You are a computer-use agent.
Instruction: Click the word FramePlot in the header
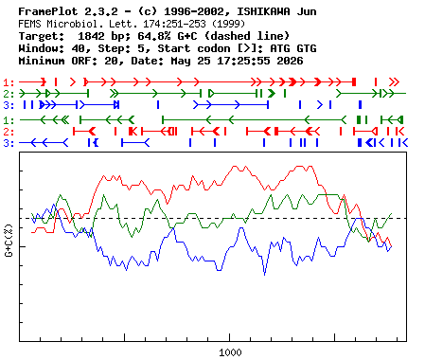click(x=48, y=11)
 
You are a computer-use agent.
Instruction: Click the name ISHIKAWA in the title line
click(x=263, y=11)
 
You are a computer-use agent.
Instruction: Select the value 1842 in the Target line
click(x=91, y=36)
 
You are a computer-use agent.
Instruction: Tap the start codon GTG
click(x=307, y=48)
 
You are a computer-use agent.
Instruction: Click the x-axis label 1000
click(x=230, y=352)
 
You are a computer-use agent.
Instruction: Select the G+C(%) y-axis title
click(x=9, y=241)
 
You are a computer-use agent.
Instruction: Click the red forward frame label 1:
click(x=9, y=82)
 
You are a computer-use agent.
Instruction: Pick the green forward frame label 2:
click(x=9, y=94)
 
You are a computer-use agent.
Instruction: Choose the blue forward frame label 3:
click(x=9, y=105)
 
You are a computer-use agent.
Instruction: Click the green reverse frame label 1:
click(x=9, y=120)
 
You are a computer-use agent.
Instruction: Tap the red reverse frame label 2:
click(x=9, y=132)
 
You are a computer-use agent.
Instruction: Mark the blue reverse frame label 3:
click(x=9, y=143)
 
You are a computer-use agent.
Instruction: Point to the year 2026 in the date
click(x=290, y=61)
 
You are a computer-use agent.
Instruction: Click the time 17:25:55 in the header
click(x=243, y=61)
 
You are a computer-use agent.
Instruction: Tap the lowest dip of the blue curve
click(x=264, y=275)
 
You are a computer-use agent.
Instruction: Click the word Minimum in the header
click(x=42, y=61)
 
